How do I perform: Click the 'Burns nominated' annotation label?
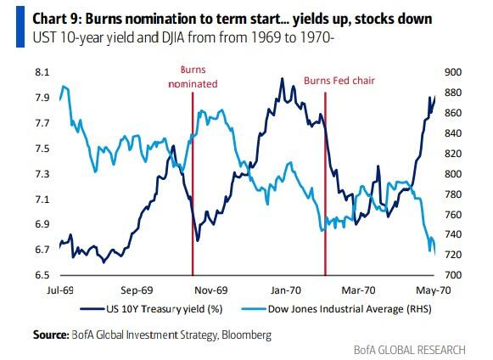193,76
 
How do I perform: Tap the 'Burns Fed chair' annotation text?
339,81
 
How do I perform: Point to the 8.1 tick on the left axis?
42,72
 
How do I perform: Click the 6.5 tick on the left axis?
42,275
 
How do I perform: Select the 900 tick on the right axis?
453,72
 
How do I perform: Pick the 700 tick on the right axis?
453,275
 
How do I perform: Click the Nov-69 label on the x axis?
211,290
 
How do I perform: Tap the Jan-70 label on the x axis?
286,290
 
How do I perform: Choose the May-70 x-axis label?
434,290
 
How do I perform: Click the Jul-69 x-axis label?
60,290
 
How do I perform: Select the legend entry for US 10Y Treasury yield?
152,309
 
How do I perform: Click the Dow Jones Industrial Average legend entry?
336,309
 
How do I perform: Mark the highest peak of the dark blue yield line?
282,78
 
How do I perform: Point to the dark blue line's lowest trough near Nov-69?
198,241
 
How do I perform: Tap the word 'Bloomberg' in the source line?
246,335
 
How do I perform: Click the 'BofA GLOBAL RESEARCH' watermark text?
409,350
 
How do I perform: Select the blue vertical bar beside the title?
20,27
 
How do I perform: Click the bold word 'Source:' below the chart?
51,335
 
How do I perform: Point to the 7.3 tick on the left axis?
42,174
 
